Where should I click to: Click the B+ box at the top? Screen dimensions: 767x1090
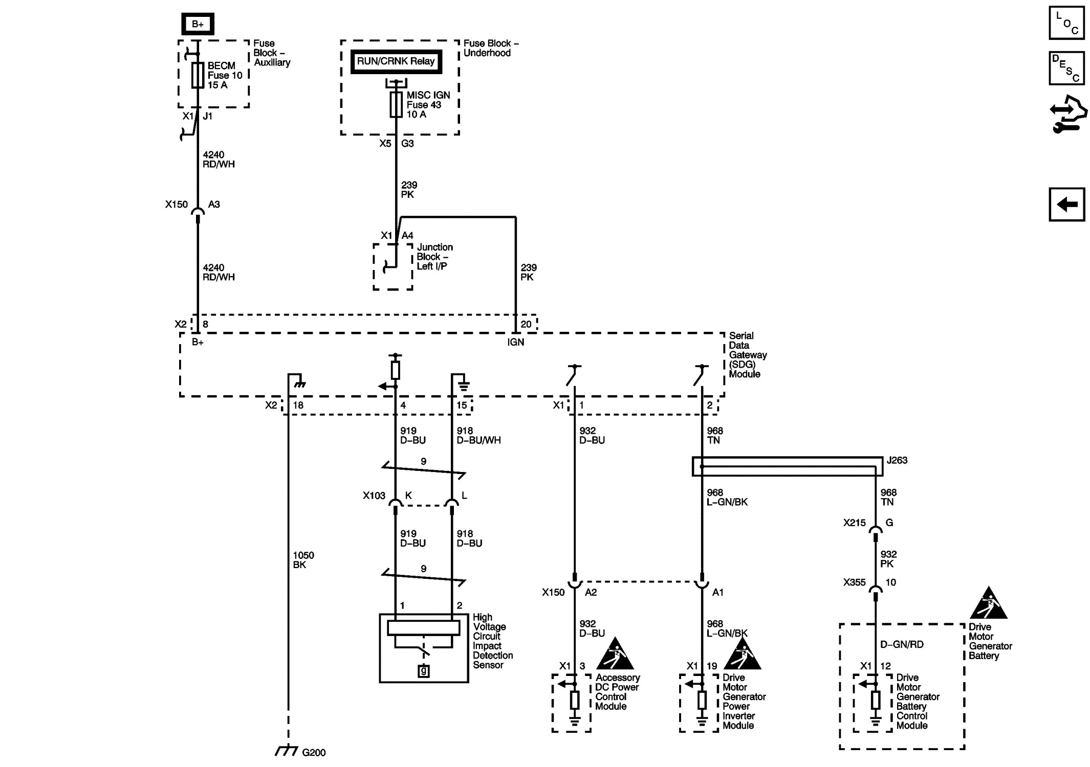pyautogui.click(x=198, y=24)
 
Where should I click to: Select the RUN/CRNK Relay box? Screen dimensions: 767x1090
pyautogui.click(x=396, y=61)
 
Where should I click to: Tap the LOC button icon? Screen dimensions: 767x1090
pyautogui.click(x=1066, y=23)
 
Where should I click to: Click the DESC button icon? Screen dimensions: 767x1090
pyautogui.click(x=1066, y=68)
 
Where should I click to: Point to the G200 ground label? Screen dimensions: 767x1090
pyautogui.click(x=313, y=753)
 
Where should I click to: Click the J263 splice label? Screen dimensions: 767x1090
pyautogui.click(x=897, y=460)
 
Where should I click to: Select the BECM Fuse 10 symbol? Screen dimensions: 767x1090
pyautogui.click(x=198, y=76)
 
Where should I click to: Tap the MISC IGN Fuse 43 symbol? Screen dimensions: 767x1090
pyautogui.click(x=396, y=105)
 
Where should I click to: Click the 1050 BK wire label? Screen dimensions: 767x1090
pyautogui.click(x=303, y=560)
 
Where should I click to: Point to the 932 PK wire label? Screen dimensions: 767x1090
pyautogui.click(x=888, y=559)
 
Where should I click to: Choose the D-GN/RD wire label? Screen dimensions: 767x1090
pyautogui.click(x=902, y=645)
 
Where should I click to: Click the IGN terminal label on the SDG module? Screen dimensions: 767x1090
pyautogui.click(x=515, y=342)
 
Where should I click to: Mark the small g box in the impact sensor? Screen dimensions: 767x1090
pyautogui.click(x=423, y=671)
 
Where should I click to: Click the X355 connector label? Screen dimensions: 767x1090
pyautogui.click(x=854, y=582)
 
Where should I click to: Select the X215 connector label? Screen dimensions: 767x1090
pyautogui.click(x=854, y=523)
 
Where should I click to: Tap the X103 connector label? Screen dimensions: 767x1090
pyautogui.click(x=374, y=495)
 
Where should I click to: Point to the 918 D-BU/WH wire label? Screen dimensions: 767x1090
pyautogui.click(x=478, y=436)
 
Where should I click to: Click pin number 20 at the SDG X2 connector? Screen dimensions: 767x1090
pyautogui.click(x=526, y=324)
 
